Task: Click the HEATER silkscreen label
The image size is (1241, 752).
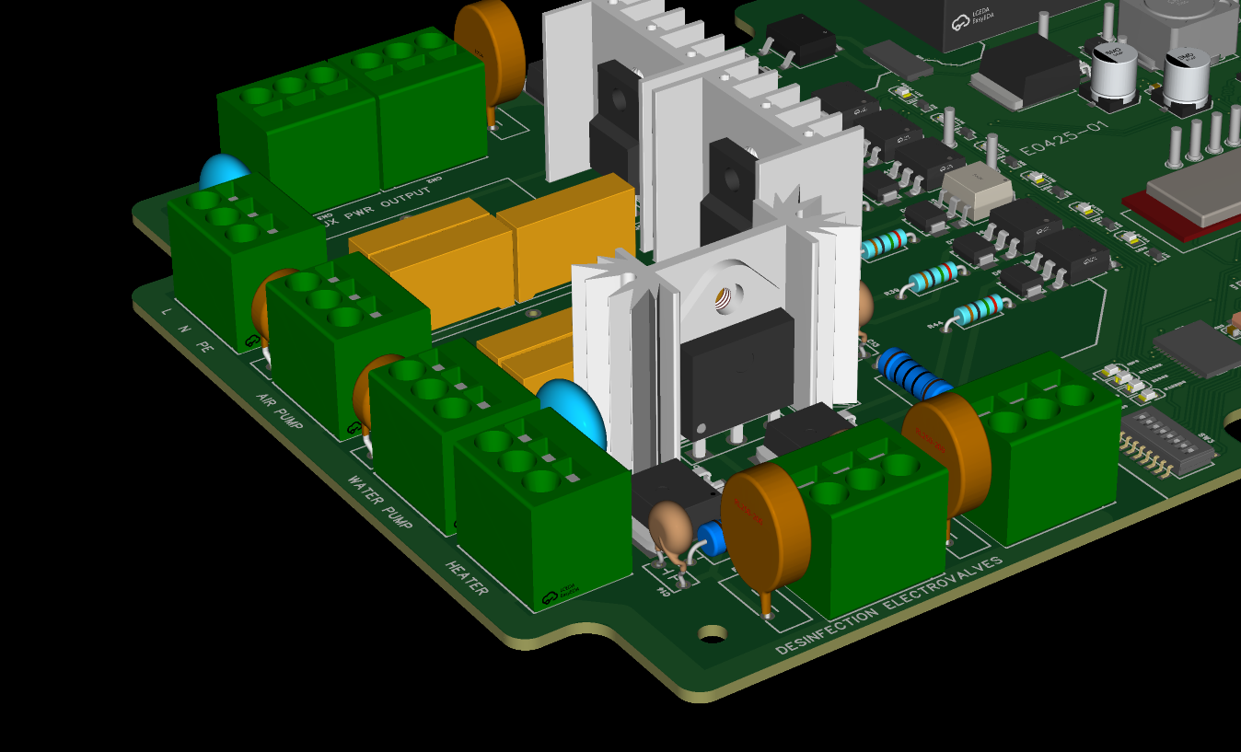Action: pyautogui.click(x=467, y=578)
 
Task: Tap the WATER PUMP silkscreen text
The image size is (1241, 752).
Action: pyautogui.click(x=379, y=502)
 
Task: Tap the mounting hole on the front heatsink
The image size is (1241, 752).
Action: pyautogui.click(x=725, y=296)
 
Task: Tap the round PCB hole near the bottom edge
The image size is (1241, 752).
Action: pyautogui.click(x=712, y=633)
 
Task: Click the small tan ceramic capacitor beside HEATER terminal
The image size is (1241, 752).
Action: pyautogui.click(x=669, y=527)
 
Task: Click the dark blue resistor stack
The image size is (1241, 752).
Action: pyautogui.click(x=912, y=373)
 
